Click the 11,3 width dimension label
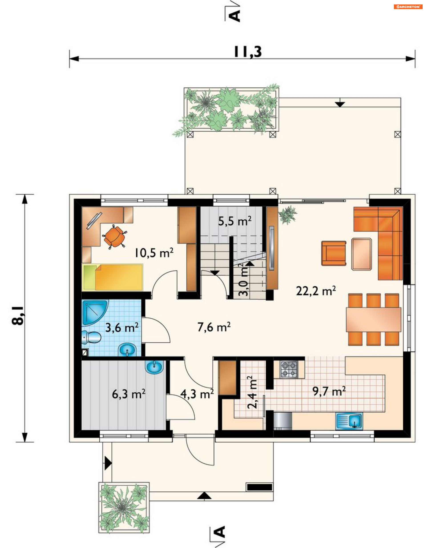[x=248, y=52]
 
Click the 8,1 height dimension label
[x=18, y=315]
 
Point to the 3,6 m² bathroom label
[x=122, y=327]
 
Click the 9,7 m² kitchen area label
[x=329, y=391]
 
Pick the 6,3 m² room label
[x=129, y=394]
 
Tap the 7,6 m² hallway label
[x=214, y=327]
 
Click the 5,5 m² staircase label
[x=235, y=221]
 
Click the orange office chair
[x=115, y=236]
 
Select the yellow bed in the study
[x=113, y=277]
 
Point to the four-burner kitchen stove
[x=289, y=370]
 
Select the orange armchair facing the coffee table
[x=334, y=253]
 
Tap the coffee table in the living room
[x=362, y=254]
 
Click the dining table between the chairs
[x=373, y=320]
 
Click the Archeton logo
[x=408, y=7]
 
